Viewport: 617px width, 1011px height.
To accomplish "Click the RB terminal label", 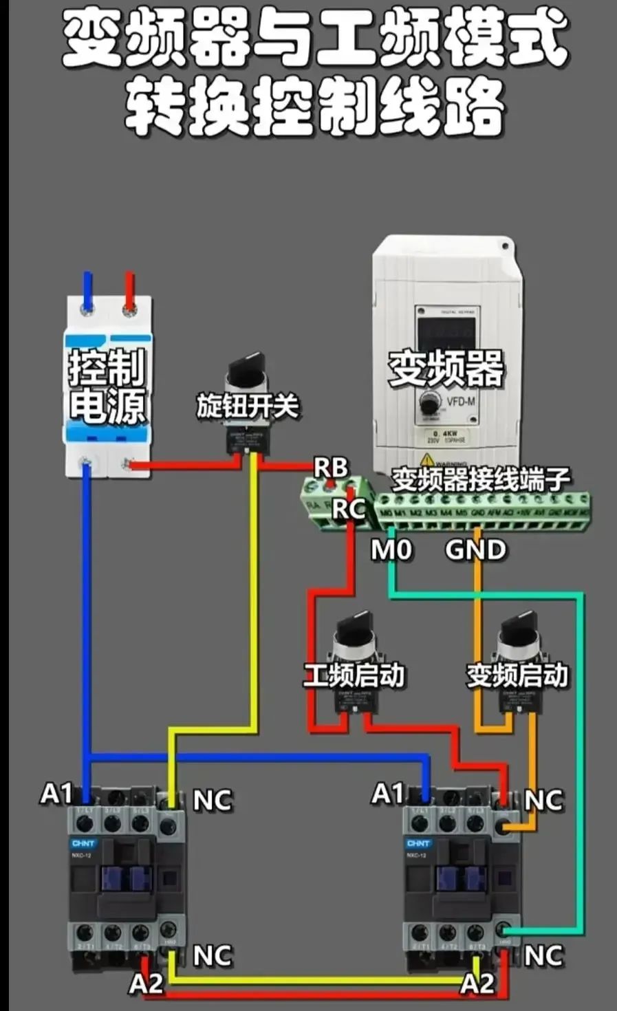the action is (331, 468).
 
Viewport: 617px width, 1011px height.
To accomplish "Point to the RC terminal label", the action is (349, 509).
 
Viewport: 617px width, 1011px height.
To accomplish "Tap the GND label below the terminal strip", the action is (475, 550).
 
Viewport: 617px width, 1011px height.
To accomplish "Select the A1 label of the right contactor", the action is (388, 794).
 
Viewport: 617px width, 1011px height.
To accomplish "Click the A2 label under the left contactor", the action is (146, 983).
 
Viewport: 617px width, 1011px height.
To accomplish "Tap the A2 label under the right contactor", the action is (477, 983).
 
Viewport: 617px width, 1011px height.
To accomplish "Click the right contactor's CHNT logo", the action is (418, 842).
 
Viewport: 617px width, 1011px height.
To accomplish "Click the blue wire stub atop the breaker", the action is (87, 289).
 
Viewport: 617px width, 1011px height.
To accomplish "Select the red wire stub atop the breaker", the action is (129, 289).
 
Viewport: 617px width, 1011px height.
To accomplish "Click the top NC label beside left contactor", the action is (213, 801).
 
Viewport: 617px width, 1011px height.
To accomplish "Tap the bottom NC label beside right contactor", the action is (543, 956).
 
